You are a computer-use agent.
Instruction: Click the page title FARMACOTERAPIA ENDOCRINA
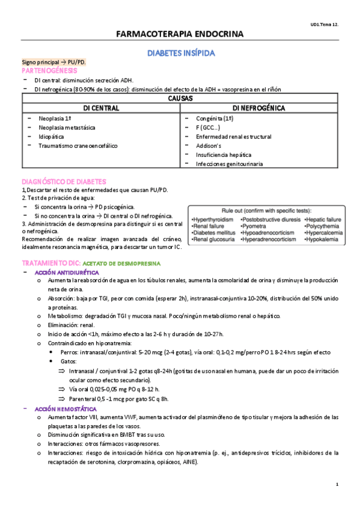point(180,34)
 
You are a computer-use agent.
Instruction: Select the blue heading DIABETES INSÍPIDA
point(181,54)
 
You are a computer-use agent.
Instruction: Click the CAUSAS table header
point(180,97)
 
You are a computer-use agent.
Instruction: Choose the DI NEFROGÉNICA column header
point(258,108)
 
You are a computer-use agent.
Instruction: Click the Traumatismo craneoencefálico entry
point(78,146)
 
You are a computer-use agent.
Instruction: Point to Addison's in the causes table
point(209,146)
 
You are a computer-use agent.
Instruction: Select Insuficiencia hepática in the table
point(224,155)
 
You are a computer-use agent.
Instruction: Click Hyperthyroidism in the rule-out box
point(213,220)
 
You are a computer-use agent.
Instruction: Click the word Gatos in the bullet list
point(69,361)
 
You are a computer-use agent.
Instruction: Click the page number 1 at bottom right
point(338,485)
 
